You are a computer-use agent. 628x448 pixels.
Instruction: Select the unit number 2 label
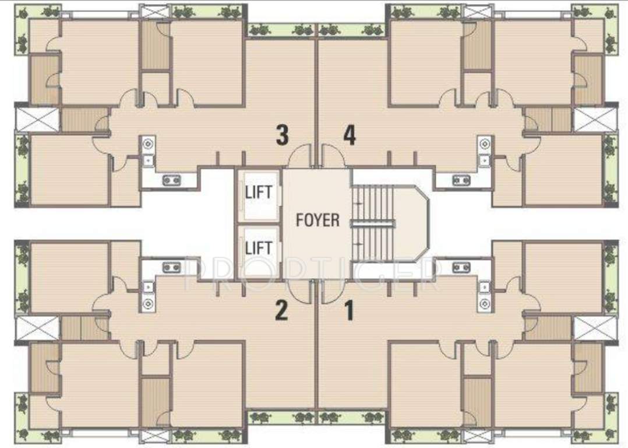pyautogui.click(x=281, y=311)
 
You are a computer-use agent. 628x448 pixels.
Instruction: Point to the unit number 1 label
pyautogui.click(x=349, y=311)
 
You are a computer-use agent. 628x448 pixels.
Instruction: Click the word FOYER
pyautogui.click(x=317, y=220)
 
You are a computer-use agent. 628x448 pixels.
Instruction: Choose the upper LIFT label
pyautogui.click(x=258, y=192)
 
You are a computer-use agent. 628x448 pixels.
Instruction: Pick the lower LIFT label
pyautogui.click(x=258, y=247)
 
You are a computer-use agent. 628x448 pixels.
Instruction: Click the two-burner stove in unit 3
pyautogui.click(x=171, y=180)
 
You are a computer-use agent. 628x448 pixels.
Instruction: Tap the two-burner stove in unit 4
pyautogui.click(x=461, y=180)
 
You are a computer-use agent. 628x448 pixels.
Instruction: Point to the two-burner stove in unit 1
pyautogui.click(x=461, y=267)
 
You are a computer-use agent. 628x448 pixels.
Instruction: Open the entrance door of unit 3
pyautogui.click(x=301, y=156)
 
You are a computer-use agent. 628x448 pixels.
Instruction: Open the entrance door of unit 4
pyautogui.click(x=333, y=156)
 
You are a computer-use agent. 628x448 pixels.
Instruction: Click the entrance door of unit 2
pyautogui.click(x=301, y=291)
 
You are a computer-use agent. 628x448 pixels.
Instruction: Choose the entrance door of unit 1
pyautogui.click(x=333, y=291)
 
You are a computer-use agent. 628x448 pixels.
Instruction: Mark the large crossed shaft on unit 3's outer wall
pyautogui.click(x=37, y=119)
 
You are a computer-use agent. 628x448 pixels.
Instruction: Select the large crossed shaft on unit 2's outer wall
pyautogui.click(x=37, y=328)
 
